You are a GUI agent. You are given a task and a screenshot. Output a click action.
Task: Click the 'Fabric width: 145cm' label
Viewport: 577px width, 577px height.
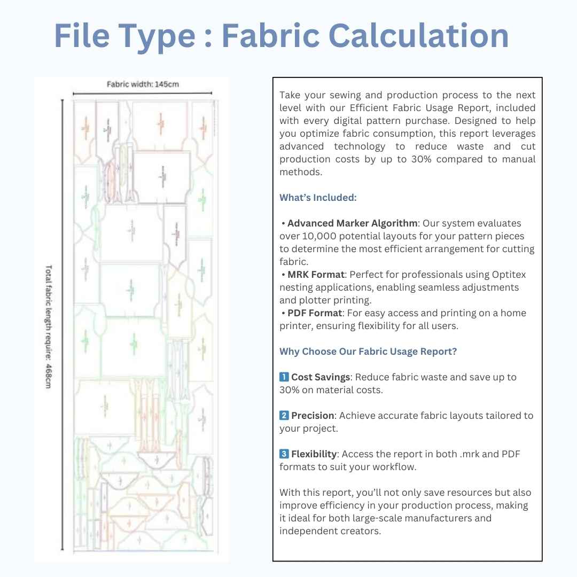pyautogui.click(x=143, y=84)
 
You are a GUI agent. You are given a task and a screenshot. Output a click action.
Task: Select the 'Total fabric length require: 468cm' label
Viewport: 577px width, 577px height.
pyautogui.click(x=49, y=326)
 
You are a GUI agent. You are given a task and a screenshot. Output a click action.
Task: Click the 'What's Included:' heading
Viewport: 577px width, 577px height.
pyautogui.click(x=318, y=198)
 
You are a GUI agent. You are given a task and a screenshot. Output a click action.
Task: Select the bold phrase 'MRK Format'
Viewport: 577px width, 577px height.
pyautogui.click(x=316, y=275)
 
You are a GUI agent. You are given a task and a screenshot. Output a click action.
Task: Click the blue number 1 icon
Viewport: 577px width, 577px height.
pyautogui.click(x=284, y=377)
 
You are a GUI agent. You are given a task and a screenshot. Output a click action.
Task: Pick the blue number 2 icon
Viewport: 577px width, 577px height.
pyautogui.click(x=284, y=416)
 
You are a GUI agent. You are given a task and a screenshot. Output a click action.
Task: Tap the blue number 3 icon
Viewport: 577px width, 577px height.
pyautogui.click(x=284, y=454)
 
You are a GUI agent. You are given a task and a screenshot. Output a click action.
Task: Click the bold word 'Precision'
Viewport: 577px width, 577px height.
pyautogui.click(x=313, y=416)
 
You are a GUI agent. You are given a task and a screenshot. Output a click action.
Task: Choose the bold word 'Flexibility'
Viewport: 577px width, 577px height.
pyautogui.click(x=314, y=454)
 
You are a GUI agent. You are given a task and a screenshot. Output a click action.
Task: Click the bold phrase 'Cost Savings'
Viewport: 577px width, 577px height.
pyautogui.click(x=321, y=377)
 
